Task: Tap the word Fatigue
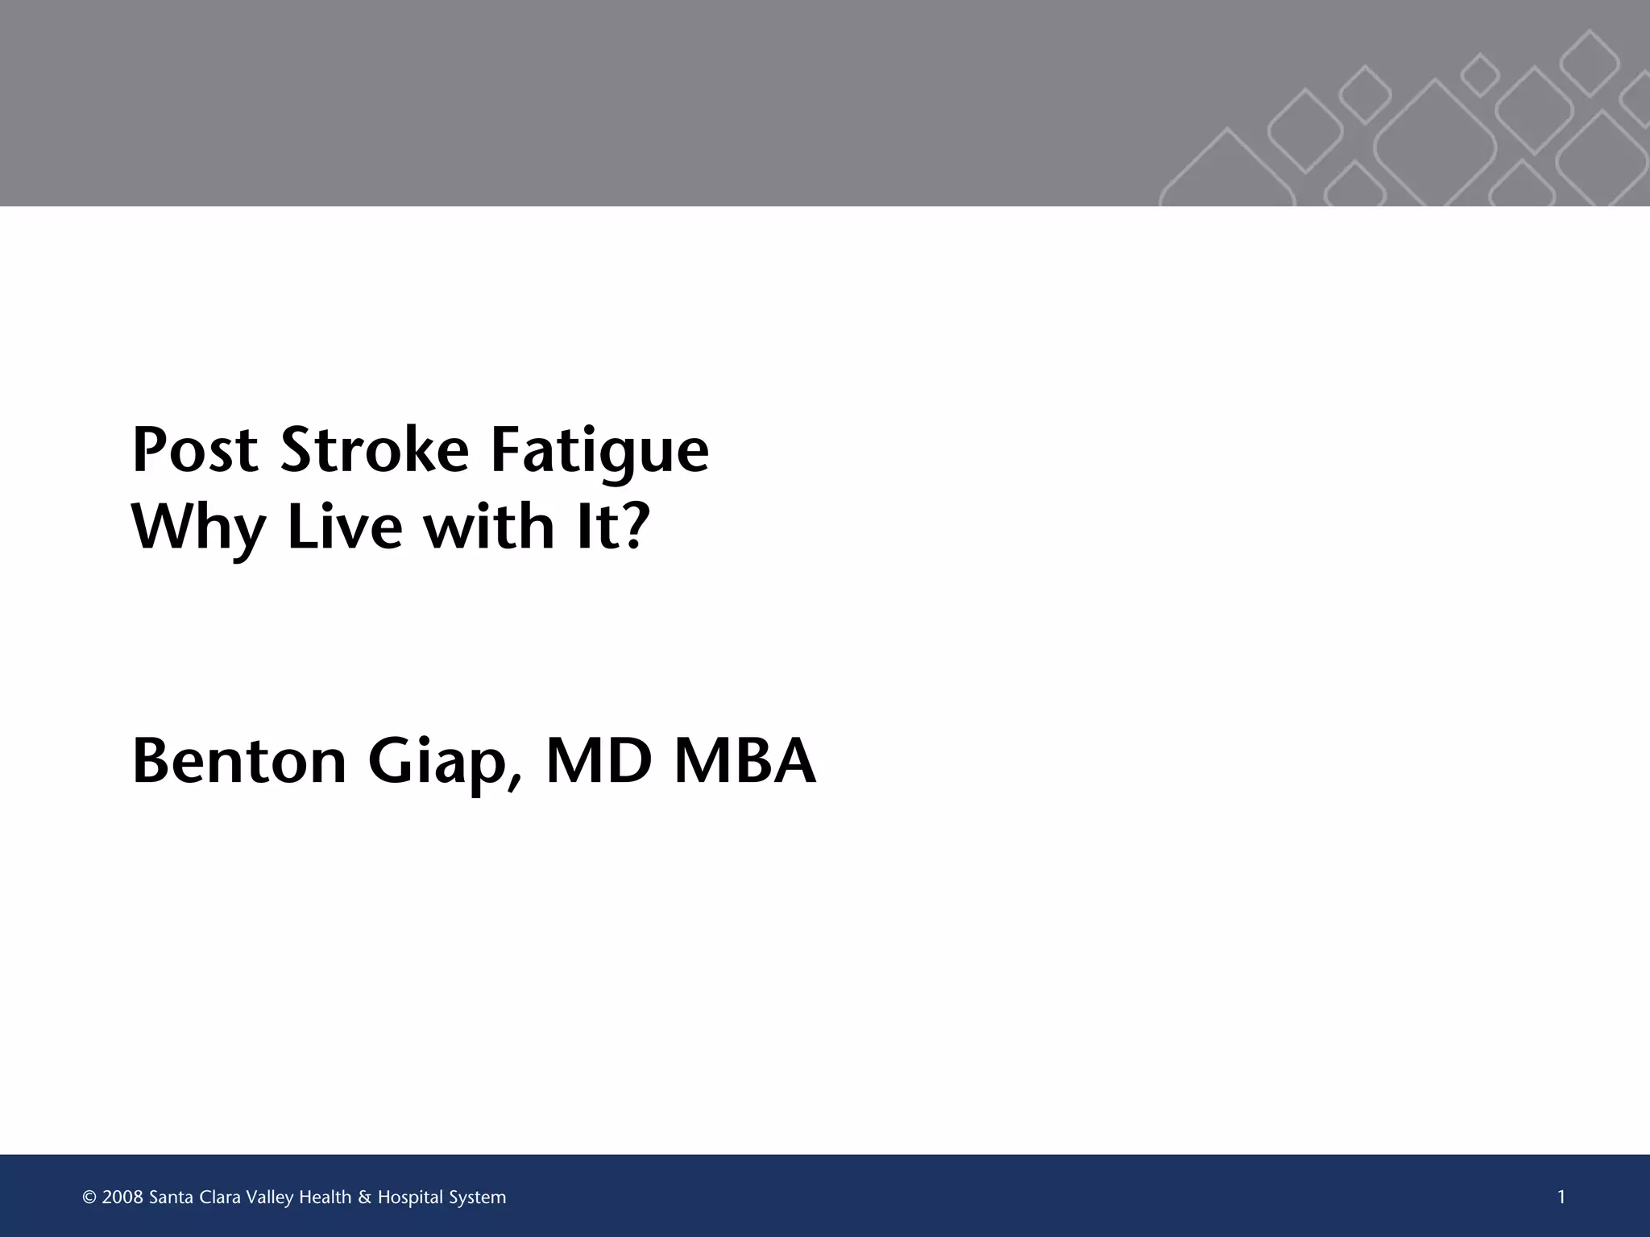click(x=599, y=451)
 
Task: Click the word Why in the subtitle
click(x=198, y=528)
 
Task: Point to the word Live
click(x=345, y=527)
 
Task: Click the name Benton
click(x=239, y=761)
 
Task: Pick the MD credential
click(x=599, y=761)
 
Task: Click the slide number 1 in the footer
click(x=1561, y=1198)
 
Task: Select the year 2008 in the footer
click(x=122, y=1198)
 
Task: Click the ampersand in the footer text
click(x=364, y=1198)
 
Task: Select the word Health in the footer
click(x=325, y=1198)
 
